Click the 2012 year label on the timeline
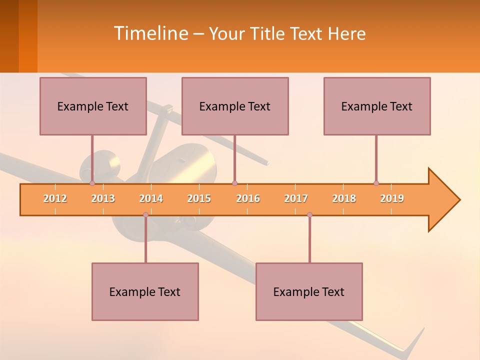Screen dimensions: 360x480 (55, 198)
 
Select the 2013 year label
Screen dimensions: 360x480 (103, 198)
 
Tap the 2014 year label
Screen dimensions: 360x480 (151, 198)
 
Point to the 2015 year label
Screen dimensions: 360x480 (199, 198)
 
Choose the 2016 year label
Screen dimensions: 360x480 (248, 198)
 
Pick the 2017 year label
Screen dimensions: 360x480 (296, 198)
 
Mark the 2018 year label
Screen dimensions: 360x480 (344, 198)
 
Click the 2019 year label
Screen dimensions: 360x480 (392, 198)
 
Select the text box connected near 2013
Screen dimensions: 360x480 (93, 106)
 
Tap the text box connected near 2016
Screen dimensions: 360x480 (235, 106)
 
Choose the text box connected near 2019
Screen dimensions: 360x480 (377, 106)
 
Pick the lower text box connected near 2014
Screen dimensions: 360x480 (145, 291)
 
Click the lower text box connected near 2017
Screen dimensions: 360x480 (309, 291)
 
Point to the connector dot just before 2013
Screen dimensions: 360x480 (92, 183)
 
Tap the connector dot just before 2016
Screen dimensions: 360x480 (234, 183)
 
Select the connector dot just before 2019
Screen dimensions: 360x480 (376, 183)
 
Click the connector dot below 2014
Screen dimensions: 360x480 (145, 214)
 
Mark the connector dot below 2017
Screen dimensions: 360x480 (309, 214)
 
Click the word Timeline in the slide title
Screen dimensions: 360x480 (150, 33)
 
